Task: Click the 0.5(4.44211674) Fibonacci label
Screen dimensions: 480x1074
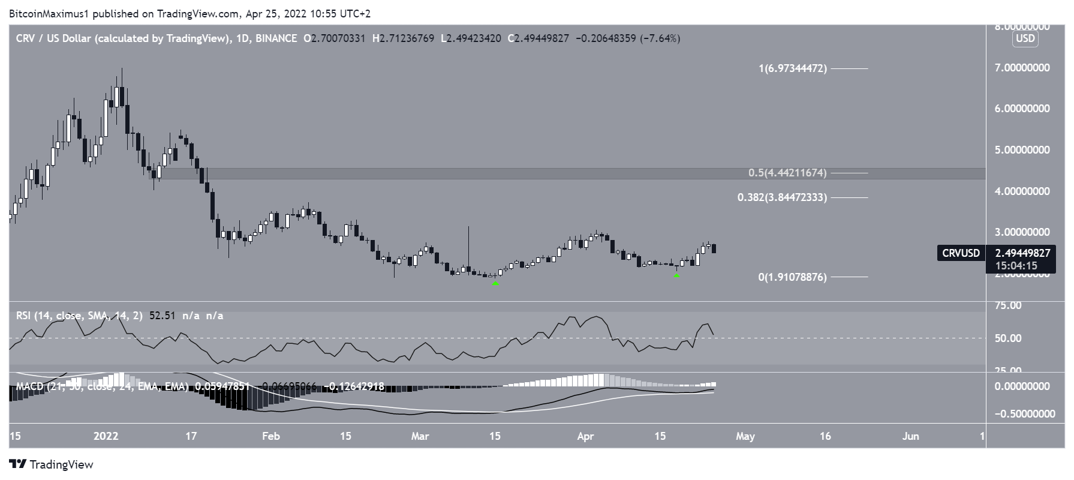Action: click(x=787, y=173)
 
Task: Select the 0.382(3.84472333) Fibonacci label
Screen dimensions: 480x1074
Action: click(x=782, y=197)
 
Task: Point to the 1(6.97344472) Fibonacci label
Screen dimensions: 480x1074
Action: click(x=792, y=68)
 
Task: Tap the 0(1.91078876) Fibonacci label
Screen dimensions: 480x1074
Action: click(x=792, y=277)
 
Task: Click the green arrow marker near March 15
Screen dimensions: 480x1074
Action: click(x=495, y=283)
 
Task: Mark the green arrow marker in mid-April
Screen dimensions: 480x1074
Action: click(x=676, y=275)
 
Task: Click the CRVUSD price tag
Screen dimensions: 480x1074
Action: click(x=961, y=253)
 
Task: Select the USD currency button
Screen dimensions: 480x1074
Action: click(x=1025, y=39)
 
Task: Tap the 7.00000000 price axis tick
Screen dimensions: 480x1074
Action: click(x=1022, y=68)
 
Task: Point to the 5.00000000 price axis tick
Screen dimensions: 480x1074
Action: click(x=1022, y=150)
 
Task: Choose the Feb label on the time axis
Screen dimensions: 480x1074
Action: click(x=270, y=436)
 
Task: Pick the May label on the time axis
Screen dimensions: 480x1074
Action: click(x=745, y=436)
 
